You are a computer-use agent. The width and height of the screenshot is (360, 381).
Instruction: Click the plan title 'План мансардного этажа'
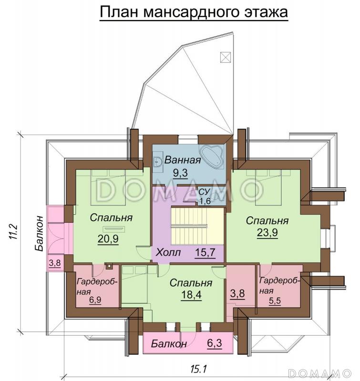(x=194, y=12)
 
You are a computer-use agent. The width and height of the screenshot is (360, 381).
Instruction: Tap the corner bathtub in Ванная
(x=212, y=157)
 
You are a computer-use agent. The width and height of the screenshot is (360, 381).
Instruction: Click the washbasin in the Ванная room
(x=158, y=161)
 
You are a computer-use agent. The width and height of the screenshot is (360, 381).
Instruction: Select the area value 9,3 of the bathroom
(x=181, y=173)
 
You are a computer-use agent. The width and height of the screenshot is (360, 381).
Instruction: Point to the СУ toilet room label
(x=204, y=192)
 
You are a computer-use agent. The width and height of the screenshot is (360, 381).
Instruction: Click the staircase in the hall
(x=197, y=226)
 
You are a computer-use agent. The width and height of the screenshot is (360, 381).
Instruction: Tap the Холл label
(x=168, y=252)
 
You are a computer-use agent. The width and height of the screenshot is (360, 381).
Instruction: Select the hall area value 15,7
(x=205, y=252)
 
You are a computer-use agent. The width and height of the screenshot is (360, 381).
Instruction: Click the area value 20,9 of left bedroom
(x=108, y=239)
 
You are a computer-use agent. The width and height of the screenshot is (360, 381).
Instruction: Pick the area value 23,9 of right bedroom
(x=267, y=232)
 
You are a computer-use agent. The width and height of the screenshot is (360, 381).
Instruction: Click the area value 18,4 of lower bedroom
(x=191, y=294)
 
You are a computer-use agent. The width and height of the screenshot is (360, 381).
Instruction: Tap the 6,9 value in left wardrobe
(x=95, y=300)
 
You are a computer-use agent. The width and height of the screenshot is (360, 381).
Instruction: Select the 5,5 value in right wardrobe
(x=275, y=301)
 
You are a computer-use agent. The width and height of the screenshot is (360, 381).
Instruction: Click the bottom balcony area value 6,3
(x=215, y=343)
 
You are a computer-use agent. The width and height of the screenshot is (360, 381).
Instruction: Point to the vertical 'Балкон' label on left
(x=39, y=233)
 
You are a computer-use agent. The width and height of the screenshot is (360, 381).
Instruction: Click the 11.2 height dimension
(x=14, y=232)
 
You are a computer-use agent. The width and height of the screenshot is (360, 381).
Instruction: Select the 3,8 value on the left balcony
(x=55, y=263)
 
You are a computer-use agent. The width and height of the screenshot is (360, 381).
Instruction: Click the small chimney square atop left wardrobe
(x=109, y=266)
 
